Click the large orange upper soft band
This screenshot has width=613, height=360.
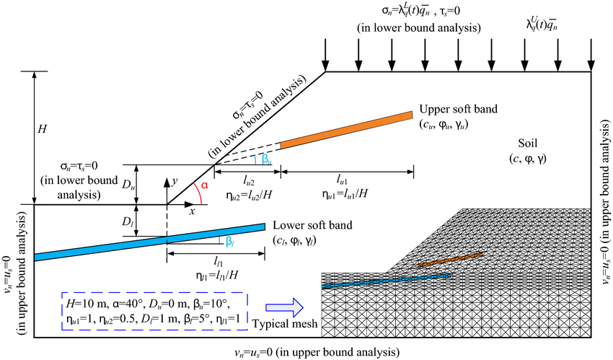click(x=346, y=131)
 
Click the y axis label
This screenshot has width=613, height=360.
click(x=175, y=182)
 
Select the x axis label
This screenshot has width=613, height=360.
click(x=192, y=211)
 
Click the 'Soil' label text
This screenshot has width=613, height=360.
click(x=530, y=141)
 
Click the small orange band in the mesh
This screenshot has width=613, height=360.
click(x=450, y=260)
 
